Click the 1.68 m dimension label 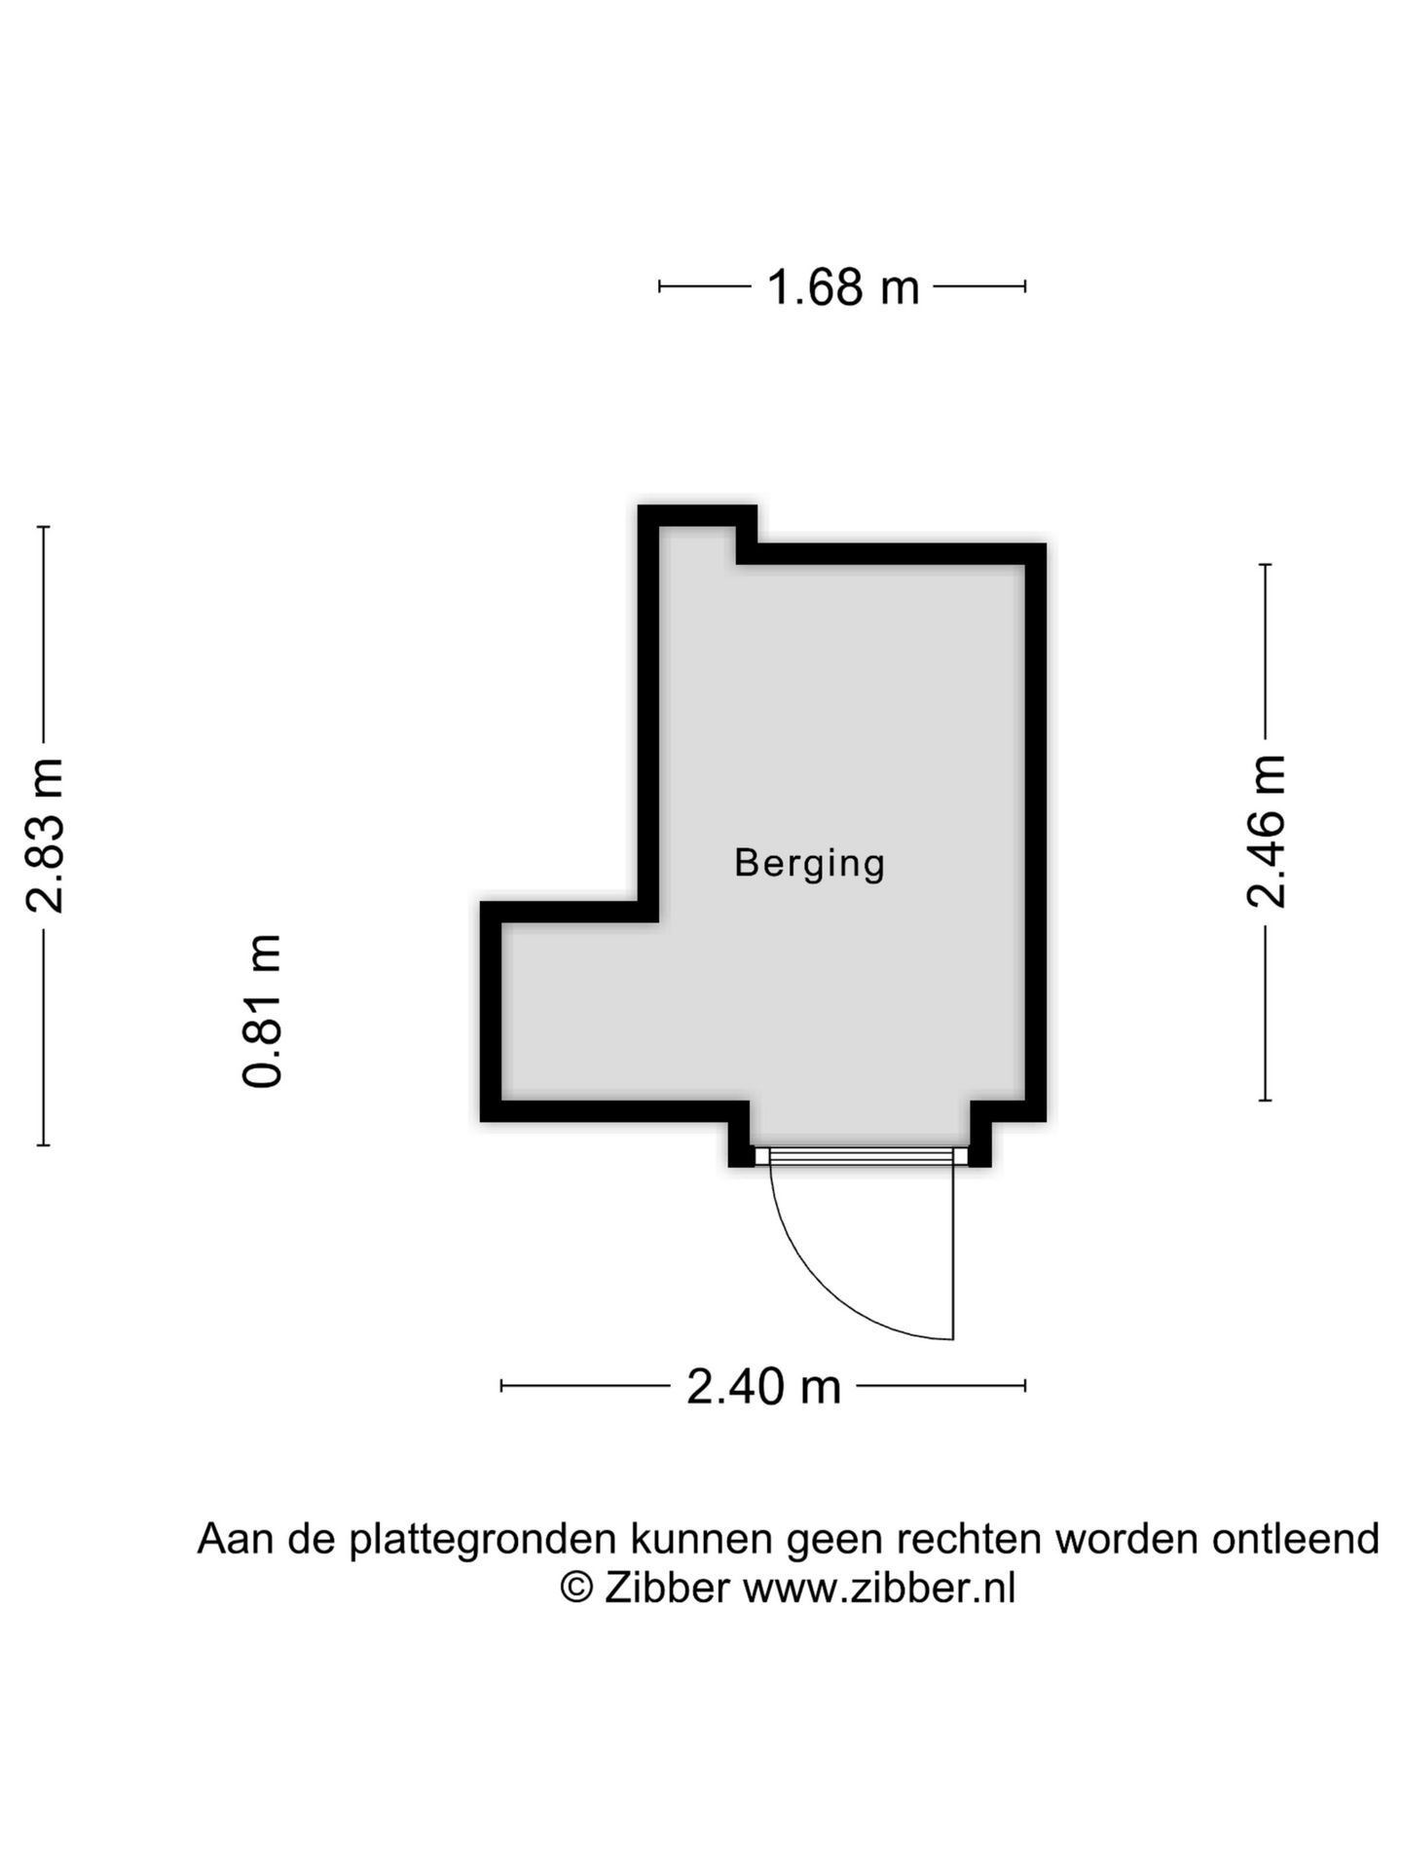(842, 287)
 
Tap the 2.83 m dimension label (45, 835)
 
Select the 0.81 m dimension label (263, 1010)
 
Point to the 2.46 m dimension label (1266, 831)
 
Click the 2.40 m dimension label (763, 1386)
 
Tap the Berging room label (809, 863)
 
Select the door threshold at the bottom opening (861, 1156)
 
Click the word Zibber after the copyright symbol (666, 1589)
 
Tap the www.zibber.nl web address (879, 1589)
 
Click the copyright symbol (576, 1589)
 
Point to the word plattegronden (483, 1540)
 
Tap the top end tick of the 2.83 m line (43, 527)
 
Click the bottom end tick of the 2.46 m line (1266, 1101)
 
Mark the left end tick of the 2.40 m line (501, 1386)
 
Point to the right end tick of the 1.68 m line (1025, 286)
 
